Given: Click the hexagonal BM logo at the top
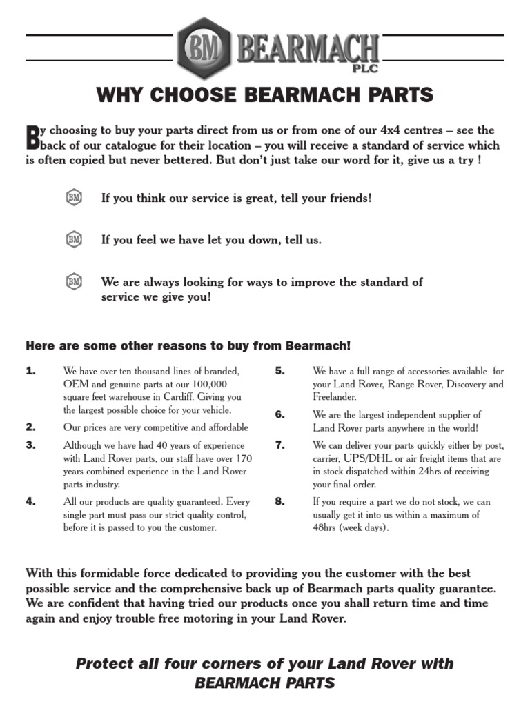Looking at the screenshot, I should (204, 48).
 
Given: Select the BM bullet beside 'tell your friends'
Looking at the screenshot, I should (74, 198).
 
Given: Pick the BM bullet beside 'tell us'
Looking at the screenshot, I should (74, 239).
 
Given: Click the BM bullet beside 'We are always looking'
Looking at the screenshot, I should (74, 281).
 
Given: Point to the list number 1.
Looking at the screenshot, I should (30, 371).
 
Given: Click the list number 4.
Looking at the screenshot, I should (30, 502).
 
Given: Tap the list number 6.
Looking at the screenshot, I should (279, 414).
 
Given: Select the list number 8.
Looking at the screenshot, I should (279, 501).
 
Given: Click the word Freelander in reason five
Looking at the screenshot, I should (335, 397).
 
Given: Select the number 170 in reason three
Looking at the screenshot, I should (243, 458).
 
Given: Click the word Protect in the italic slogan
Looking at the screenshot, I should (104, 664).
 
